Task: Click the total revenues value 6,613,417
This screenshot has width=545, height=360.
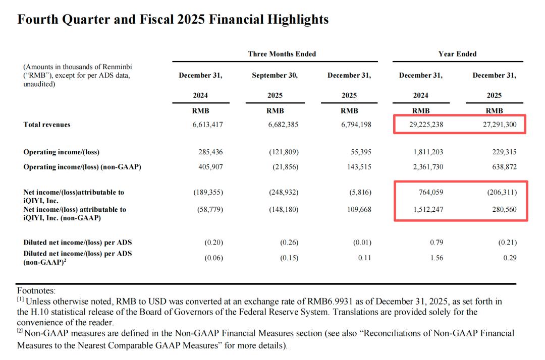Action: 207,125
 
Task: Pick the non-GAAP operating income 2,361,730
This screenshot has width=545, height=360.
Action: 428,167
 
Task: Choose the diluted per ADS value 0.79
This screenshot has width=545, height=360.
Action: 437,243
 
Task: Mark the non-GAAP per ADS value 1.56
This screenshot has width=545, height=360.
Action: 437,258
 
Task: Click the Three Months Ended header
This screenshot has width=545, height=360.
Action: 282,54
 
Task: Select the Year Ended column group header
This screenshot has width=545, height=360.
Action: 457,54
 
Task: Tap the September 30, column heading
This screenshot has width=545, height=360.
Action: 275,76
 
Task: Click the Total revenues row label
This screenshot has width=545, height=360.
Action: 47,125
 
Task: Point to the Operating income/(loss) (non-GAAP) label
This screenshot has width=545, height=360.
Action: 82,167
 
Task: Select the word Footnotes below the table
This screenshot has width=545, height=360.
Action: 36,291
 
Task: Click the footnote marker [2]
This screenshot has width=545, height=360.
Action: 21,333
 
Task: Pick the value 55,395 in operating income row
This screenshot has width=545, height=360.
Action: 360,152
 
